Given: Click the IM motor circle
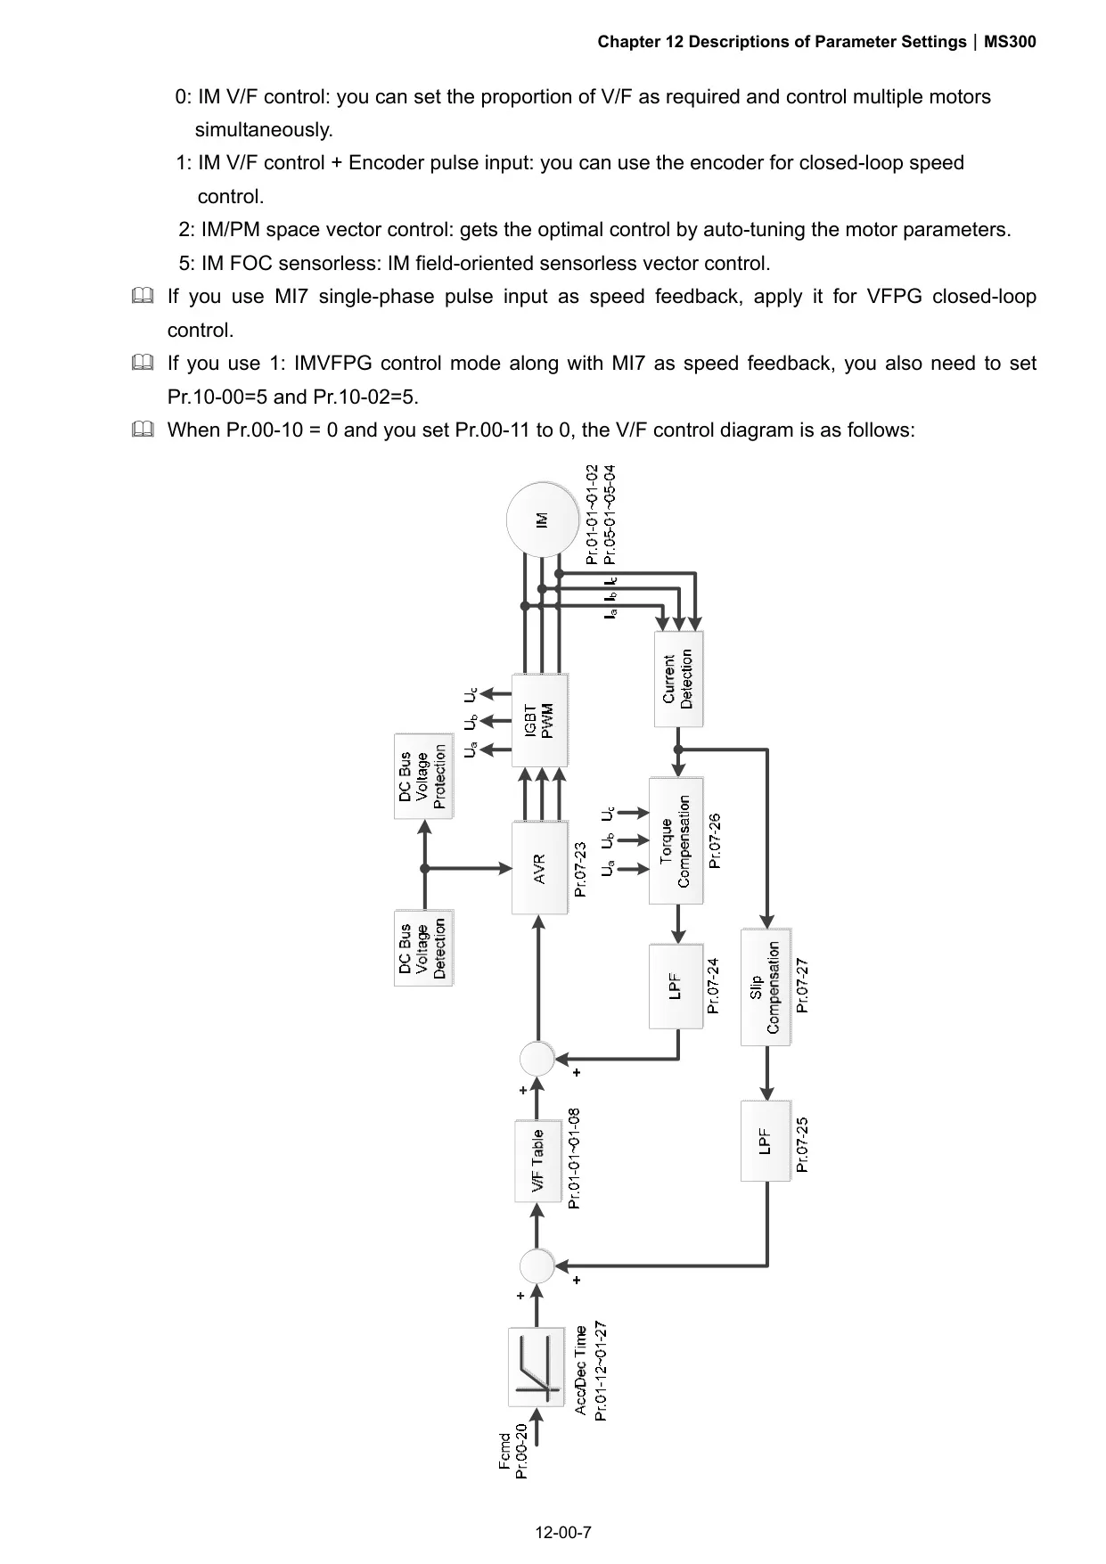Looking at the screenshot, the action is (542, 520).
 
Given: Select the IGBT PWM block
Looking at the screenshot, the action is (539, 720).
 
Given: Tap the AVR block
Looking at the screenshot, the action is (539, 868).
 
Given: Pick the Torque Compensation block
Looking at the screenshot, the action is (676, 841).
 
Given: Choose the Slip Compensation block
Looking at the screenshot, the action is (765, 987).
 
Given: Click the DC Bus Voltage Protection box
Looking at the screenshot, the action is (423, 776).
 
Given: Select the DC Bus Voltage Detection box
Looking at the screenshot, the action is (423, 946).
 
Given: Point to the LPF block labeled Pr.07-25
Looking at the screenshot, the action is (765, 1141).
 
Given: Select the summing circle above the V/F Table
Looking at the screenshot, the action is (537, 1059).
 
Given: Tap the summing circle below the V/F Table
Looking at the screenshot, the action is (537, 1265).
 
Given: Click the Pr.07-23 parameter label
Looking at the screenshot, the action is (581, 869).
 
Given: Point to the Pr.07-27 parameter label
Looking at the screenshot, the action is (803, 986).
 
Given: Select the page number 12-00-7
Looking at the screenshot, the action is (563, 1533).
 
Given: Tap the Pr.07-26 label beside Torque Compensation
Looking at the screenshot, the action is (715, 840).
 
